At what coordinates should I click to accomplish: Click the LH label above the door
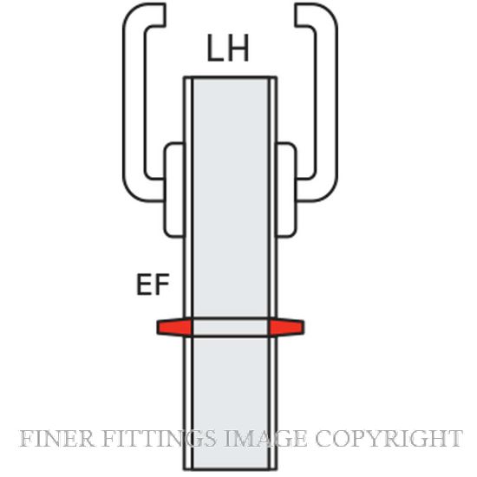228,48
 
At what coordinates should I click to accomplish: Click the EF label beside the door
153,284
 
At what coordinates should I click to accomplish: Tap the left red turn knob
174,327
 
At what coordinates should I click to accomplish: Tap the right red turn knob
286,327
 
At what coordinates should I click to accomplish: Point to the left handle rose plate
174,190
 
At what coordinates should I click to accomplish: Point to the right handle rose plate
286,190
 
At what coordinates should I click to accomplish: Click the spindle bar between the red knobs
231,327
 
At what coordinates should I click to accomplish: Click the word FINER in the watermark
56,438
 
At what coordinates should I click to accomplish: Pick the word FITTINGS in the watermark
160,438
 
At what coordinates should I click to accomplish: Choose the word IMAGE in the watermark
266,438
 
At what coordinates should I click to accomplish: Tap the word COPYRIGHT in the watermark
389,438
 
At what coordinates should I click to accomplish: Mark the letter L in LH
215,48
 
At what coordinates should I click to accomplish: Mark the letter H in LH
238,48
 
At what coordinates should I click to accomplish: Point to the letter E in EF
144,284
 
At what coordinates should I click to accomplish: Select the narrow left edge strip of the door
188,273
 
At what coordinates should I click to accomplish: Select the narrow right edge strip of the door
272,273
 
